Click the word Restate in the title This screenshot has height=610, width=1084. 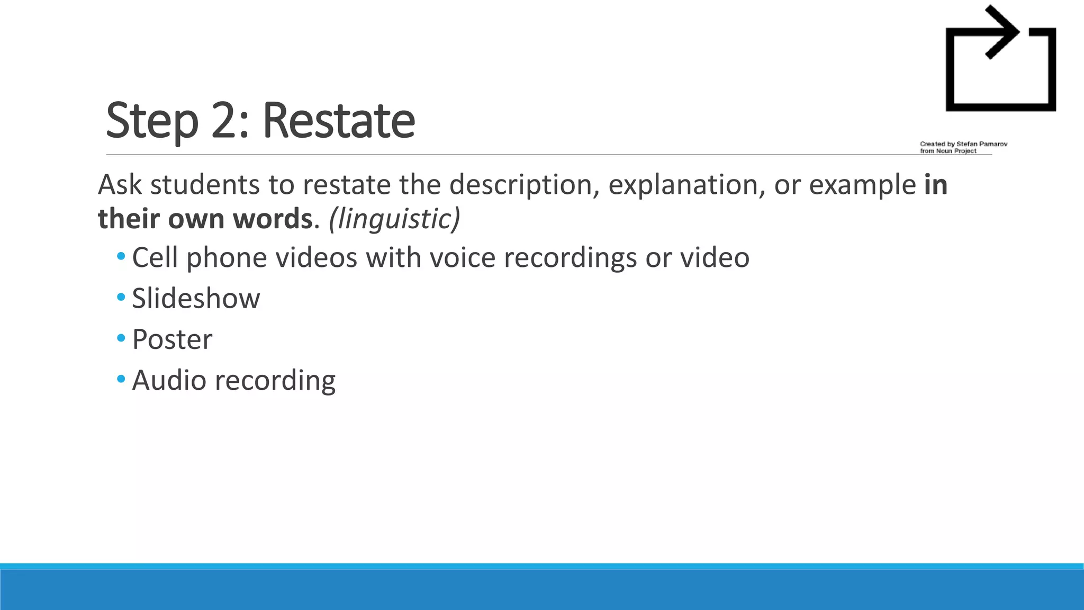tap(338, 121)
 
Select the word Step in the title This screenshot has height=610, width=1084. tap(152, 122)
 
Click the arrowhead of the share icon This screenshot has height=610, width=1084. tap(1002, 32)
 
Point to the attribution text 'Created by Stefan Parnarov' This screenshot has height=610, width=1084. tap(963, 144)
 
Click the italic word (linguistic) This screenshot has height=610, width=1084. tap(394, 219)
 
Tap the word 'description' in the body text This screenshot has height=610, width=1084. tap(525, 185)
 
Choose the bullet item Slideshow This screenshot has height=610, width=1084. tap(196, 298)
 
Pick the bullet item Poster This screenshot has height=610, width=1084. tap(172, 339)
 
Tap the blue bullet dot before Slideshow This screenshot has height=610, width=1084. tap(121, 297)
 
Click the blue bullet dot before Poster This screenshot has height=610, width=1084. tap(121, 338)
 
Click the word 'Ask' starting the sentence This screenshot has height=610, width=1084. tap(120, 185)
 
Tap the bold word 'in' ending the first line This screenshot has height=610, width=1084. tap(936, 185)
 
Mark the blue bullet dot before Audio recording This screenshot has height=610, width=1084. tap(121, 379)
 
